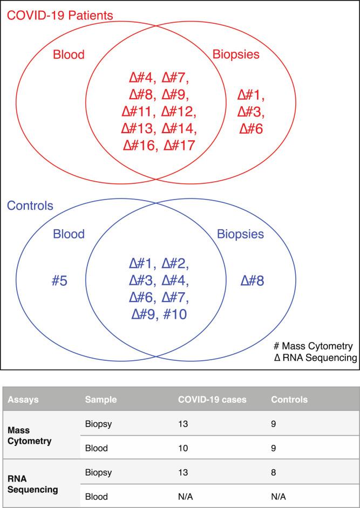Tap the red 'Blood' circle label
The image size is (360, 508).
click(x=69, y=54)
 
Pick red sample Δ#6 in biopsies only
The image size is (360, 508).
click(x=252, y=129)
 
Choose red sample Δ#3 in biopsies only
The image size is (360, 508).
click(x=252, y=113)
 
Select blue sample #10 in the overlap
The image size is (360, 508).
click(x=175, y=314)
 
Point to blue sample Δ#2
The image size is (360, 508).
click(x=175, y=265)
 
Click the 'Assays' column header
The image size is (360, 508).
click(x=25, y=400)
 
